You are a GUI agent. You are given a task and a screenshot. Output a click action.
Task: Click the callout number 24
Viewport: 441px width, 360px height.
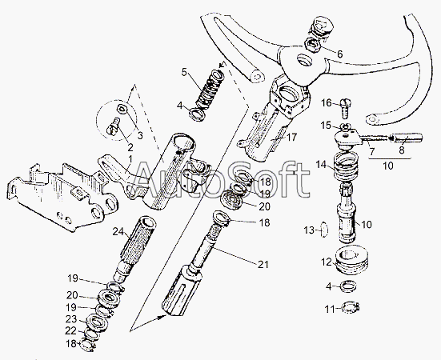(x=118, y=232)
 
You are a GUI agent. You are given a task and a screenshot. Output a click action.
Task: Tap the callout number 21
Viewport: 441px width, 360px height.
(x=263, y=265)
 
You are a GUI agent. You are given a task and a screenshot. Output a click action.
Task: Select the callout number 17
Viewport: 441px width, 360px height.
(x=292, y=138)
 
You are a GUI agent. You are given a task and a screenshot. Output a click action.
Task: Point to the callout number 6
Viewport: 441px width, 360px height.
(x=339, y=54)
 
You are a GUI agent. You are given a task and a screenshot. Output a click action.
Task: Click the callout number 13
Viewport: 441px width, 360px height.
(x=309, y=230)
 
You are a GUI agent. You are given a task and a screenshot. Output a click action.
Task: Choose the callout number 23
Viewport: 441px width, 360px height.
(x=71, y=319)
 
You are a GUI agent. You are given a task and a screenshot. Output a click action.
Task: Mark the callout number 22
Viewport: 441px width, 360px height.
(x=70, y=331)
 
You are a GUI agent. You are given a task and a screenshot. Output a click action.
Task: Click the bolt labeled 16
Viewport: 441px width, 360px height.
(x=346, y=108)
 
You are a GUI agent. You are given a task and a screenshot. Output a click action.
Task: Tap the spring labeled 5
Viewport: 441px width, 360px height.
(x=210, y=89)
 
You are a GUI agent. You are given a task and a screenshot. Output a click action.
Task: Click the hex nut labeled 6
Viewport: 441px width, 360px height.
(x=313, y=46)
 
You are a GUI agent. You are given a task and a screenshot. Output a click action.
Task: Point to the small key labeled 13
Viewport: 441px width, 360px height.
(x=325, y=230)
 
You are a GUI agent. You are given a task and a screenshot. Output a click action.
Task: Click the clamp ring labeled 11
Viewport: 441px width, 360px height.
(x=351, y=307)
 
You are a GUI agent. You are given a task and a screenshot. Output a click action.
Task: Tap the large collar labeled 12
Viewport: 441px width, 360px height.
(x=351, y=260)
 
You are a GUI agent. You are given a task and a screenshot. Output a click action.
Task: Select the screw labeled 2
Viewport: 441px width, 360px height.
(x=113, y=126)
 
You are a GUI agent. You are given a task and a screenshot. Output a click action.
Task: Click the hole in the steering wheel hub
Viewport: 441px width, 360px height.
(x=304, y=60)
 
